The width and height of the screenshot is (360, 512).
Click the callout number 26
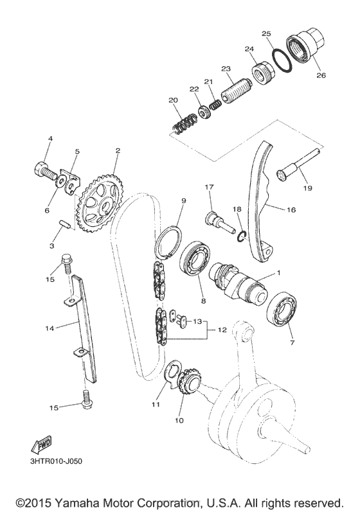(321, 75)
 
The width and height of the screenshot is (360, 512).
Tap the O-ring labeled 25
(280, 60)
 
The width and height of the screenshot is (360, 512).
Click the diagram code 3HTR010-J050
(57, 460)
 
